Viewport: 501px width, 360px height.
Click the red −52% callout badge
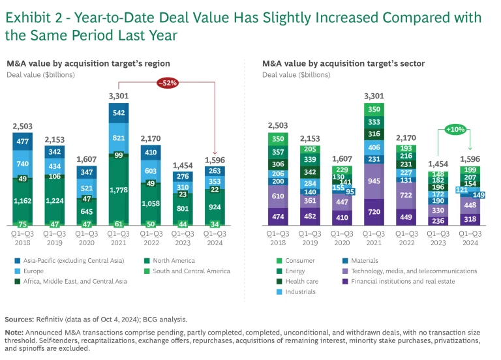(x=166, y=83)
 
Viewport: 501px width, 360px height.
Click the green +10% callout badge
(x=455, y=130)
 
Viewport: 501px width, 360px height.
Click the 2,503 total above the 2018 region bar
(x=22, y=126)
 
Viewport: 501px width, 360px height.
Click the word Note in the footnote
(x=15, y=332)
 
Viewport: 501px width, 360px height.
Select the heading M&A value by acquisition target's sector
(x=343, y=63)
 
